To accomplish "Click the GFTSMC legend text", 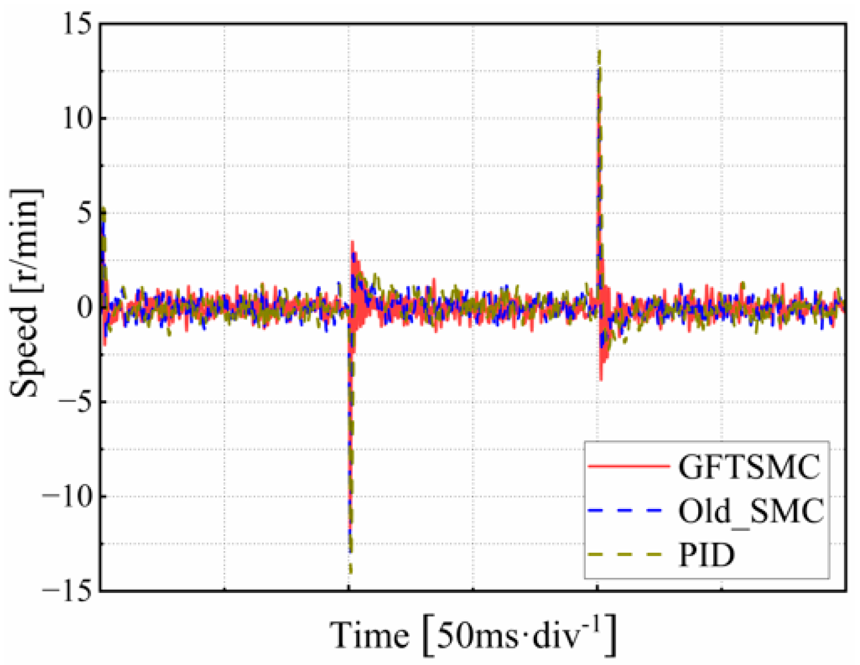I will pos(749,467).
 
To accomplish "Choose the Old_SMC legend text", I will pos(751,511).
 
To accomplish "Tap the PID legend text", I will pos(706,555).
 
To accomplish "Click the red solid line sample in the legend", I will pos(628,467).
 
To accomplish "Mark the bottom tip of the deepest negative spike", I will pos(350,572).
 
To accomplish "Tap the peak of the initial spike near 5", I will pos(103,209).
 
